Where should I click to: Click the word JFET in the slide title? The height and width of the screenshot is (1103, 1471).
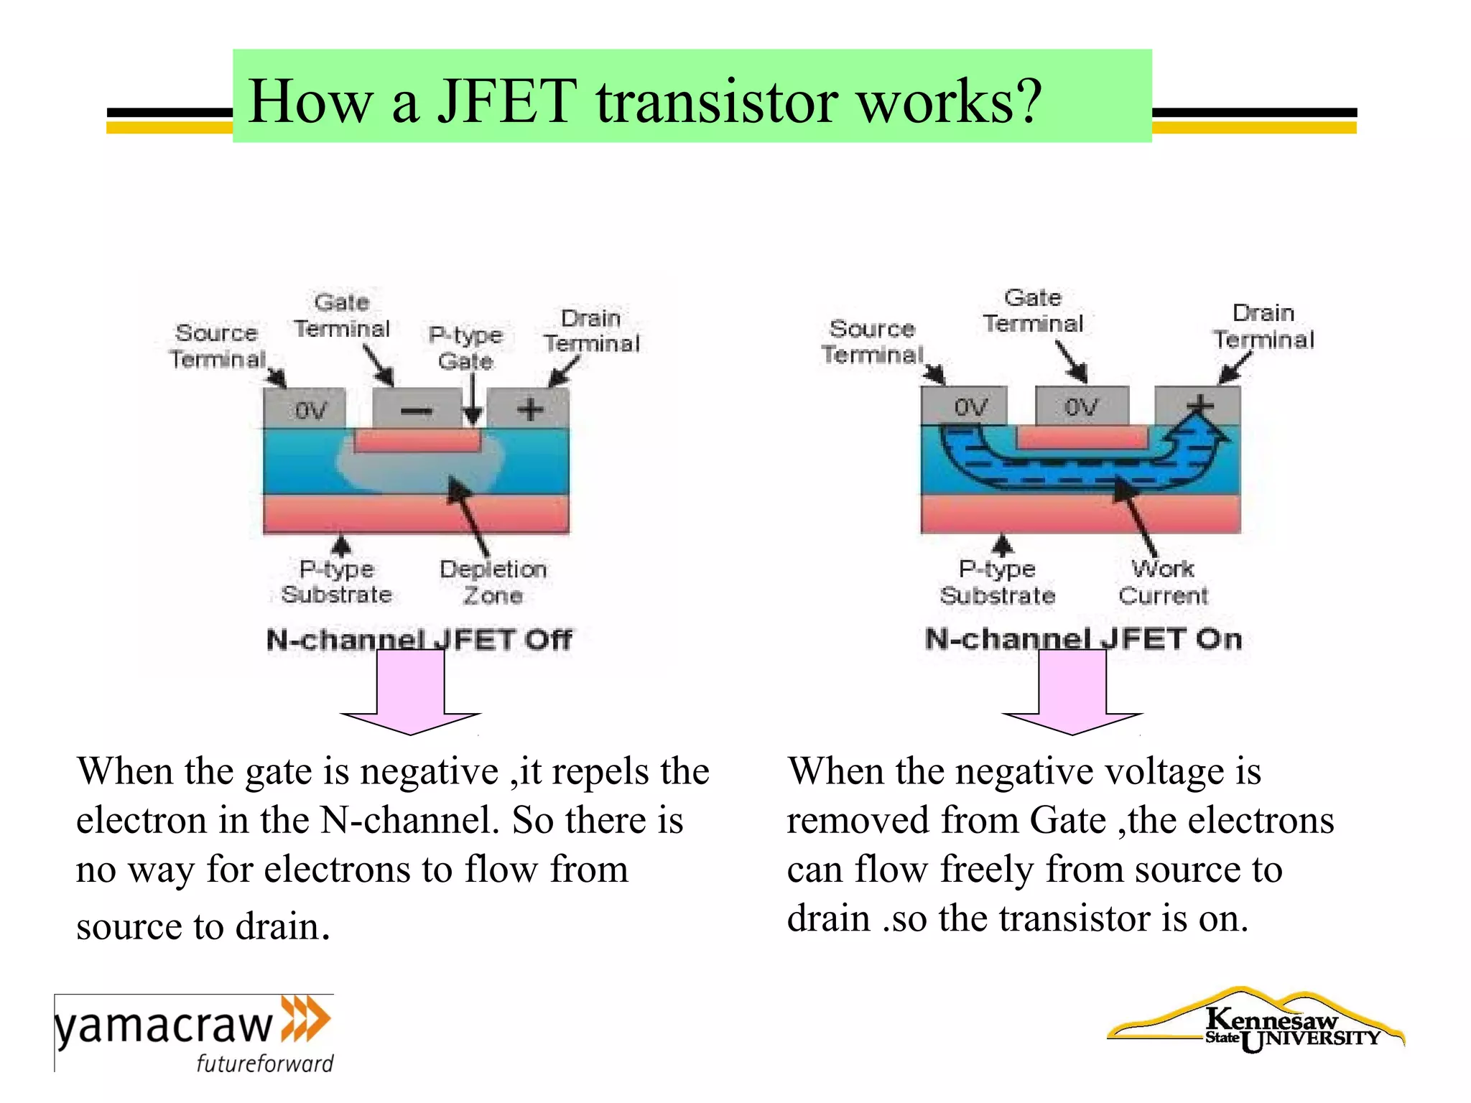point(507,101)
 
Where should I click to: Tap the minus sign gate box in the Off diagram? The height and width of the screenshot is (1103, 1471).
point(417,410)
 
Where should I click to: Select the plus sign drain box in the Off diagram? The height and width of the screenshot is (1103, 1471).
point(529,409)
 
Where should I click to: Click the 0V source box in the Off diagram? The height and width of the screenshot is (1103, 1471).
point(310,410)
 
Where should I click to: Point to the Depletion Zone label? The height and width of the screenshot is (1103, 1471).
point(493,582)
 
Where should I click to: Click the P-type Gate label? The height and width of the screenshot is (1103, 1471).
point(465,348)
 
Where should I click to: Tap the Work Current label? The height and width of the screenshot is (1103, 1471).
point(1163,582)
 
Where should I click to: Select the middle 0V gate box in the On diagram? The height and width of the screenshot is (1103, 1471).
point(1081,407)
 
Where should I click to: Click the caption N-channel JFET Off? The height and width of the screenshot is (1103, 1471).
point(419,639)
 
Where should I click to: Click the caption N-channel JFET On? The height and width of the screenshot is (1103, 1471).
point(1083,638)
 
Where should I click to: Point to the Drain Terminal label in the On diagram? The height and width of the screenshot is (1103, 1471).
point(1263,326)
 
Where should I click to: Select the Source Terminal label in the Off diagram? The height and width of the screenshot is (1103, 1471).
point(216,345)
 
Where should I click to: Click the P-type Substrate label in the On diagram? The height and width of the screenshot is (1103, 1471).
point(998,582)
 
